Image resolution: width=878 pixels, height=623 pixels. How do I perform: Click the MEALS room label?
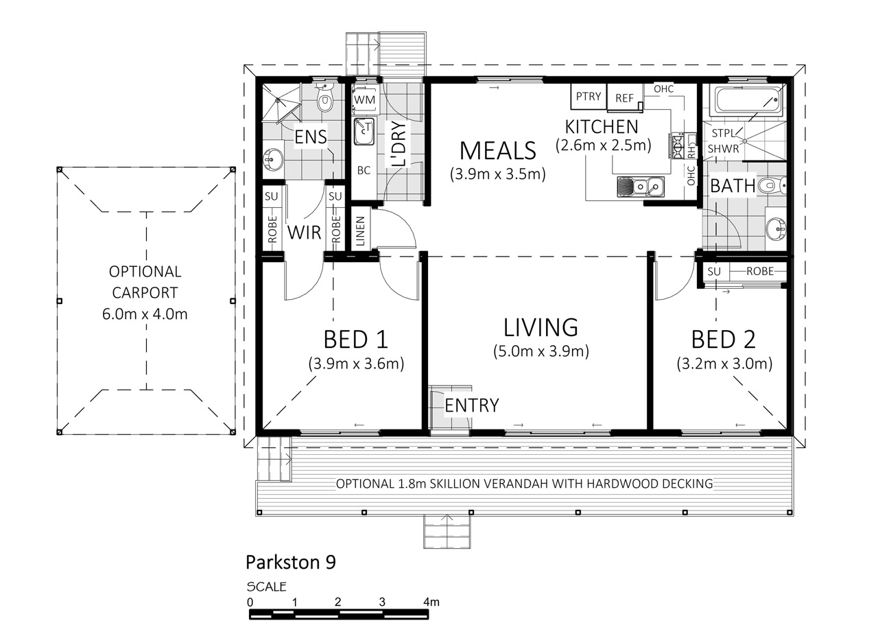[497, 150]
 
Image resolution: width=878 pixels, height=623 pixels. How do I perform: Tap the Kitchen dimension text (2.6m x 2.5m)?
[603, 145]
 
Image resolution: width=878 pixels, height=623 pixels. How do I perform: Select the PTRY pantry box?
[589, 97]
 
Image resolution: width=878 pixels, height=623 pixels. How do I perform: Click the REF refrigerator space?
[625, 97]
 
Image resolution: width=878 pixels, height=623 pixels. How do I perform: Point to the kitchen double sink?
[641, 186]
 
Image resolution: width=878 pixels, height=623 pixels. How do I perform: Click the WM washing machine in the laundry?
[364, 100]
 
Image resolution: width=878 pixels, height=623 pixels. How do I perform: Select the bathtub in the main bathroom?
[748, 101]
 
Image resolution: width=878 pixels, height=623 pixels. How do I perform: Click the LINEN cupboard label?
[360, 231]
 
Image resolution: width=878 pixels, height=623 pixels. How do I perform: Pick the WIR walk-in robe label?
[304, 233]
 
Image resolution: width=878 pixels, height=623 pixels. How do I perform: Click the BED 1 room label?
[355, 340]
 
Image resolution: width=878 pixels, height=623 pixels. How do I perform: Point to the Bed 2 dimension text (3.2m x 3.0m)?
[724, 364]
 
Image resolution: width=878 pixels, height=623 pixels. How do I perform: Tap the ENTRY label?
[472, 405]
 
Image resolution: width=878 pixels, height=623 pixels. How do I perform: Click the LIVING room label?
[541, 327]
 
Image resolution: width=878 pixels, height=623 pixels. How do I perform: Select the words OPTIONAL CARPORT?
[145, 282]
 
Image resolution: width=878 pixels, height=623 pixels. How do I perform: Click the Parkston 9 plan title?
[291, 562]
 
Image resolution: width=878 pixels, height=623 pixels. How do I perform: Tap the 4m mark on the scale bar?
[431, 602]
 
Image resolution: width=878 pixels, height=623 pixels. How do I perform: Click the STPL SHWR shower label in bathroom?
[723, 141]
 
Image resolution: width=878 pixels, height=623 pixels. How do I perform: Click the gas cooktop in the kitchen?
[678, 146]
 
